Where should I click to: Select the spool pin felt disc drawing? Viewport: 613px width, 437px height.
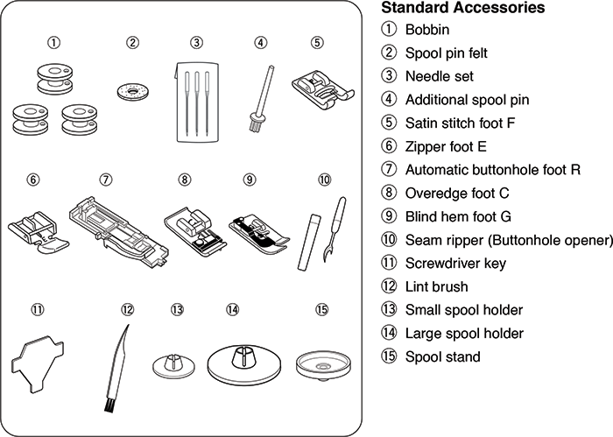tap(133, 89)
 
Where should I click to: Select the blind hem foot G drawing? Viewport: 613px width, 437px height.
tap(256, 229)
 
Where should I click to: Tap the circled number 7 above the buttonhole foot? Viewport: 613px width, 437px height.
tap(105, 180)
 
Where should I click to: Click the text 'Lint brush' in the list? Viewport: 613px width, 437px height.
tap(436, 286)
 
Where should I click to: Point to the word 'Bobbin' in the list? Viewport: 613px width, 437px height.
tap(426, 31)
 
